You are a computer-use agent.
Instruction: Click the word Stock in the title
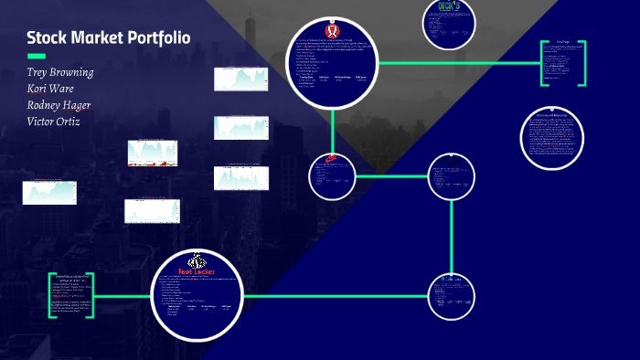47,38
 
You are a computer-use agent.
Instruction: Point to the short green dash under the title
37,57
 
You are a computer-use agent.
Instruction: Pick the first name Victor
41,122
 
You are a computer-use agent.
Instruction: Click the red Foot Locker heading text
197,271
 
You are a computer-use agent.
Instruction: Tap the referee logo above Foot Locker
197,259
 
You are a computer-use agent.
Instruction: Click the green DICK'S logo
448,6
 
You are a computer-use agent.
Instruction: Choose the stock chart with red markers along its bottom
152,153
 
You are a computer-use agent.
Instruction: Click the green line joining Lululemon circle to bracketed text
457,63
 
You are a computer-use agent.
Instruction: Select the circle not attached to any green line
550,138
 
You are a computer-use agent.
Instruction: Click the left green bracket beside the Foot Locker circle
51,295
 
